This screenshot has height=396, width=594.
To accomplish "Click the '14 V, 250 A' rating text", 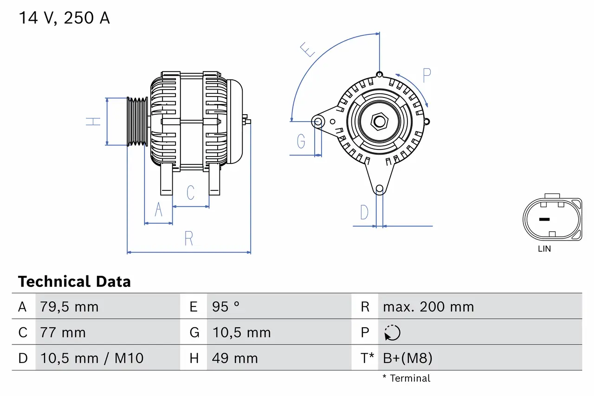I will pos(64,18).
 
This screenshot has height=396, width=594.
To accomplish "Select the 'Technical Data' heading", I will pos(74,282).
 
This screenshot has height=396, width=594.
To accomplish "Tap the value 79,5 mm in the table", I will pos(69,307).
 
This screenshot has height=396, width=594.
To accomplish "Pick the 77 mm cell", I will pos(63,332).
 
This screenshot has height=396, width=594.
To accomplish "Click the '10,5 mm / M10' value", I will pos(92,358).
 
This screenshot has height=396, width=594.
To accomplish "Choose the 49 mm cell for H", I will pos(235,358).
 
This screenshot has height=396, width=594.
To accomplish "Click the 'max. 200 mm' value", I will pos(428,307).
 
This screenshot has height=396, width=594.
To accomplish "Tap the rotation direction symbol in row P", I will pos(392,332).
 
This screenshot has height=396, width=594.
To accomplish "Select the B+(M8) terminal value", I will pos(407,358).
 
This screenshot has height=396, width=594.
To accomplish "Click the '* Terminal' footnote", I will pos(406,378).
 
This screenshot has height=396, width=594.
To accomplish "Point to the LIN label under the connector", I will pos(544,249).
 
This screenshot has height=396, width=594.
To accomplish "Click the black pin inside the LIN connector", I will pos(544,219).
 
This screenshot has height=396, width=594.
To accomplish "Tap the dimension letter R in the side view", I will pos(188,238).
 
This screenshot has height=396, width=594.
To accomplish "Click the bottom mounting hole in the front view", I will pos(380,188).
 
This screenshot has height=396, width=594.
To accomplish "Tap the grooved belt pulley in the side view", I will pos(137,122).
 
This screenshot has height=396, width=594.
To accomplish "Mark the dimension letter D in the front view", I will pos(364,212).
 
